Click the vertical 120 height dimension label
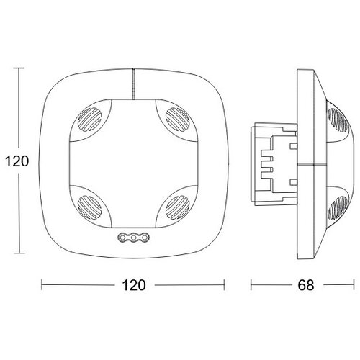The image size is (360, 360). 17,161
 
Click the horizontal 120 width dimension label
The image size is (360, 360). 134,285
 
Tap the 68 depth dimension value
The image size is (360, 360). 306,285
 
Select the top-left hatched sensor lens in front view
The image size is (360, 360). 89,120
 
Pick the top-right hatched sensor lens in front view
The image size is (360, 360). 178,120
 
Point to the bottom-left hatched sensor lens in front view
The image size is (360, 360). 89,207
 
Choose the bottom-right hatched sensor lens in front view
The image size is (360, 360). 178,207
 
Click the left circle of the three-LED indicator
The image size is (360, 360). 122,238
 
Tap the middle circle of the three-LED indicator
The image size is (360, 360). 134,238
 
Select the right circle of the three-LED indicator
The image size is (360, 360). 145,238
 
